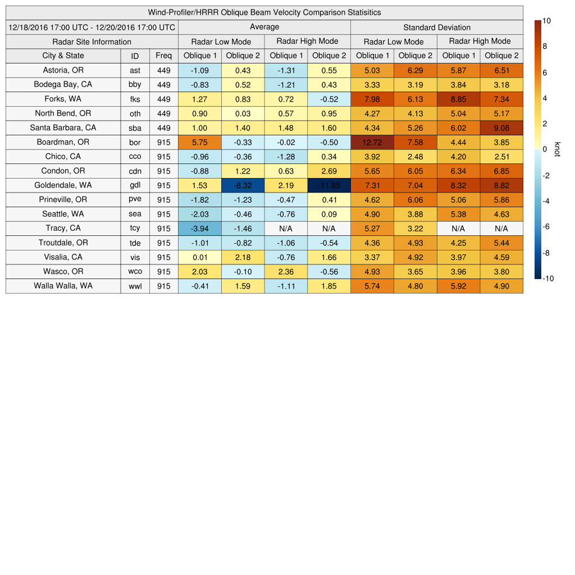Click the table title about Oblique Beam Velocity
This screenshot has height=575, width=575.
click(264, 12)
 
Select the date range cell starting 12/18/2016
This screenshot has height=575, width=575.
click(92, 27)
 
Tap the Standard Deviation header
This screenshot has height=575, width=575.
click(436, 27)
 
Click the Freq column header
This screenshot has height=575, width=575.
click(163, 56)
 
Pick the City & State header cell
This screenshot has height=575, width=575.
click(63, 56)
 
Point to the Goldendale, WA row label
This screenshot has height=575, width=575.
click(63, 185)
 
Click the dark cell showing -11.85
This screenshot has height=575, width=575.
click(328, 185)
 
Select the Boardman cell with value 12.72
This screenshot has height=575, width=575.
click(372, 142)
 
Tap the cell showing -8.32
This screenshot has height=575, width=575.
click(243, 185)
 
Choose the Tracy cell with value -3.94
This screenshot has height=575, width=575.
click(199, 229)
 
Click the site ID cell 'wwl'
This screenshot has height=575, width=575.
click(135, 286)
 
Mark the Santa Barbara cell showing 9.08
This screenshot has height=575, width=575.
click(501, 127)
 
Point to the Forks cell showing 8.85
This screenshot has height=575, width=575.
click(458, 99)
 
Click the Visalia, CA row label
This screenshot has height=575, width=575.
click(63, 257)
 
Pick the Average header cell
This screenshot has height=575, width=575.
click(264, 27)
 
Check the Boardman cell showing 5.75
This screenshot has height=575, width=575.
click(199, 142)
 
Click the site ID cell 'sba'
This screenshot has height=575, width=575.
click(135, 127)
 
